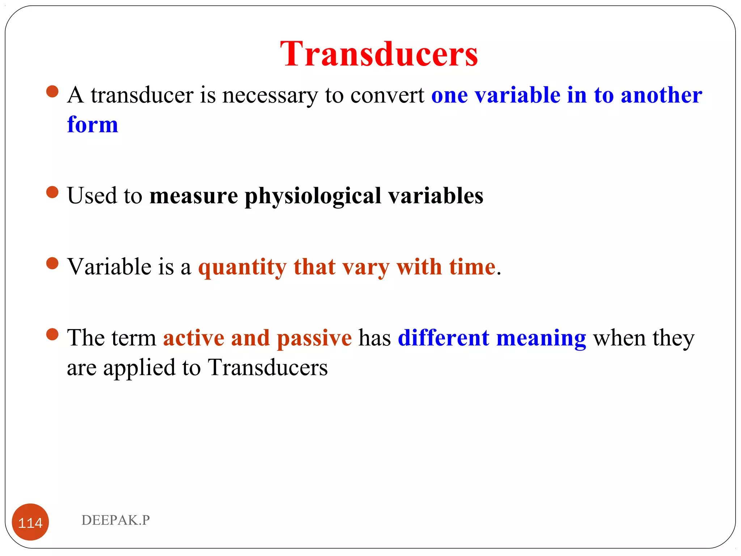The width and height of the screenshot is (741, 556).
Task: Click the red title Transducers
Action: pyautogui.click(x=379, y=54)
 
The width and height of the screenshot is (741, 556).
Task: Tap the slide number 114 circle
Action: pyautogui.click(x=30, y=522)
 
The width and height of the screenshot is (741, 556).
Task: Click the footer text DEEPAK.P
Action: pyautogui.click(x=115, y=520)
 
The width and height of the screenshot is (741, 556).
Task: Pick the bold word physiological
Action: pyautogui.click(x=313, y=196)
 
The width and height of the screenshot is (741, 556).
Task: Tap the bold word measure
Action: pyautogui.click(x=194, y=196)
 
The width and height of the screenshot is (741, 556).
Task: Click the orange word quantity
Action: pyautogui.click(x=242, y=268)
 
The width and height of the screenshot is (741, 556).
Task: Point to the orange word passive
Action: pyautogui.click(x=314, y=338)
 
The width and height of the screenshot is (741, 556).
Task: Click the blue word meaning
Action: pyautogui.click(x=541, y=338)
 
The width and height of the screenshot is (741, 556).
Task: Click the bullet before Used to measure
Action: pyautogui.click(x=52, y=192)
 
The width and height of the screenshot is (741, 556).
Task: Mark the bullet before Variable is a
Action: pyautogui.click(x=52, y=264)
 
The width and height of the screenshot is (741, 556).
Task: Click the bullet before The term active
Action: pyautogui.click(x=52, y=334)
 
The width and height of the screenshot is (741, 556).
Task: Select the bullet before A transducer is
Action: pyautogui.click(x=52, y=92)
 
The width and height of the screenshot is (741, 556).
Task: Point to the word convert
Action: pyautogui.click(x=387, y=96)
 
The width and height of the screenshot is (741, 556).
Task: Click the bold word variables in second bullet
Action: pyautogui.click(x=436, y=196)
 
